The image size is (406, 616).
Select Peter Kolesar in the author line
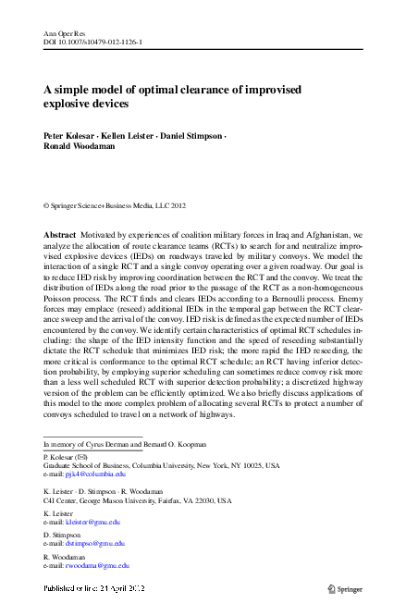[70, 135]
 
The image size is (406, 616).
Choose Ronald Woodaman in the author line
[80, 145]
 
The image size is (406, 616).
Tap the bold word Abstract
[61, 235]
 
